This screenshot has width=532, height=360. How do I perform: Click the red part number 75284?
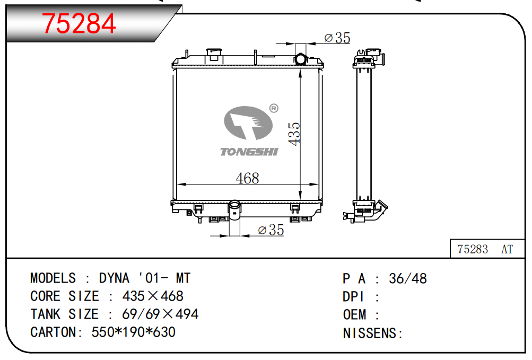[79, 23]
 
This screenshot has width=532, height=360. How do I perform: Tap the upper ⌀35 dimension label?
[337, 38]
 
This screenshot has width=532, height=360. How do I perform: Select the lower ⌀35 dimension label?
[271, 230]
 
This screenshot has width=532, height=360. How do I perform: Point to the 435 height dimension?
[294, 134]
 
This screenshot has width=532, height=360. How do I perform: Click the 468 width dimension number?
[247, 178]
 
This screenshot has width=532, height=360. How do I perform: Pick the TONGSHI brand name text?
[249, 152]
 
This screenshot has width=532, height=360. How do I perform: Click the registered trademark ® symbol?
[274, 108]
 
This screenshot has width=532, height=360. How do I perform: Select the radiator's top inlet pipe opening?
[301, 59]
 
